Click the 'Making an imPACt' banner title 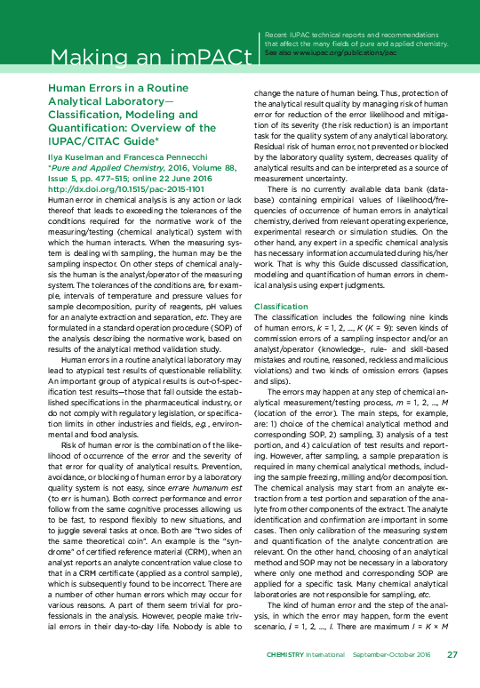(x=149, y=59)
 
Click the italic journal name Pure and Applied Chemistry (x=98, y=166)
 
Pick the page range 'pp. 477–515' (x=107, y=178)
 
